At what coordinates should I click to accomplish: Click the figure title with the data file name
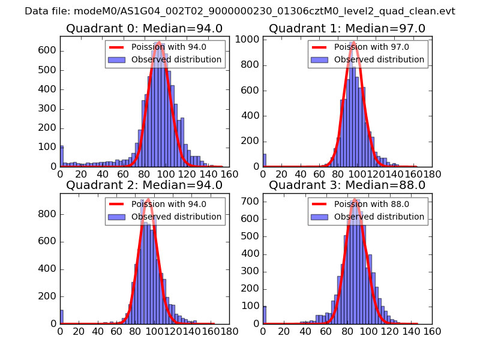click(240, 11)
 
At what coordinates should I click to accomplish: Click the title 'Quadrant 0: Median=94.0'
click(144, 28)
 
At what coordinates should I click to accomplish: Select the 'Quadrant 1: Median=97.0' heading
click(347, 28)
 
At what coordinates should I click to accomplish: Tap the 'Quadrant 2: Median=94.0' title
click(144, 185)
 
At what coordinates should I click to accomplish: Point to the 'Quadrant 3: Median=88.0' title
click(347, 185)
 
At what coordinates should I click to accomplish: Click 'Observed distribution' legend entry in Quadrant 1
click(379, 59)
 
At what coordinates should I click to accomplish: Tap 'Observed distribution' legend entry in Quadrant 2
click(176, 217)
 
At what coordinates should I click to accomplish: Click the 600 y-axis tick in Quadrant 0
click(49, 50)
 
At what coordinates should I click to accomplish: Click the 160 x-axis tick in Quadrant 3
click(433, 331)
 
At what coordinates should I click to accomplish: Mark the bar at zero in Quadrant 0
click(61, 156)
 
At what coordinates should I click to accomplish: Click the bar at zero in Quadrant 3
click(264, 315)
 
